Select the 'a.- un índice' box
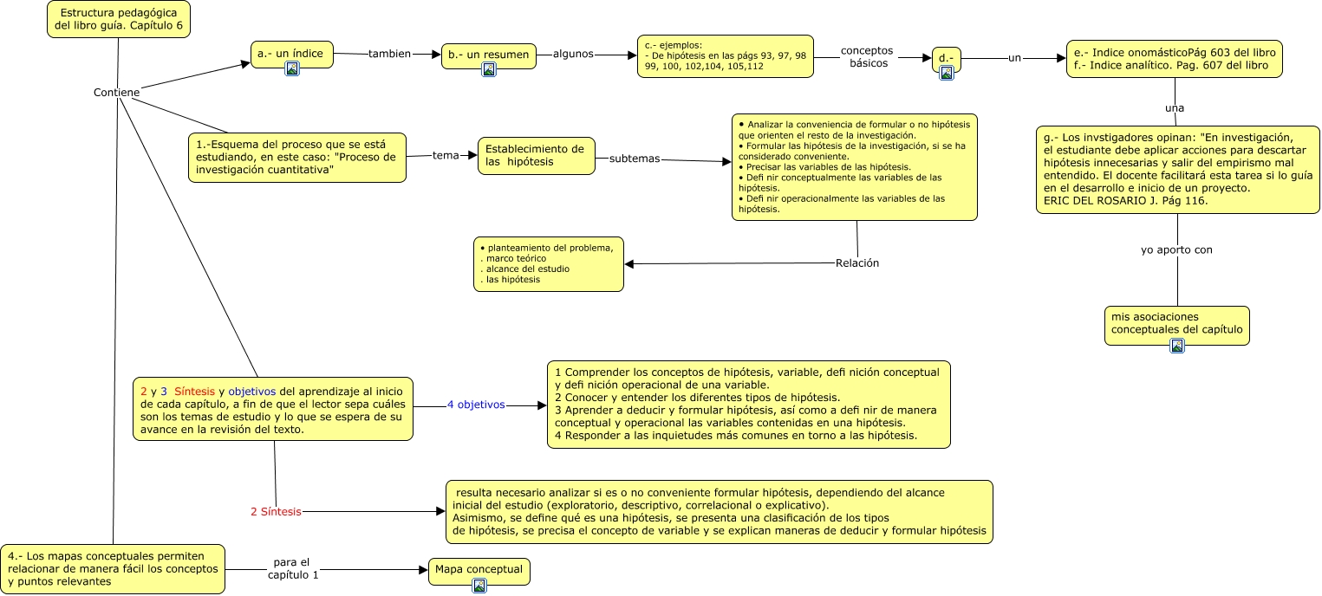pos(290,54)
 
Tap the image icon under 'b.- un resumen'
pos(489,69)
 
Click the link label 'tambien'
pos(389,54)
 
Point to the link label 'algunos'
pos(573,54)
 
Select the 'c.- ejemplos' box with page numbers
pos(725,56)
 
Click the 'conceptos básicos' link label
pos(867,57)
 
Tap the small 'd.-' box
pos(946,57)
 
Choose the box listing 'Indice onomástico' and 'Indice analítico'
pos(1174,58)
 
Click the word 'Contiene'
pos(116,93)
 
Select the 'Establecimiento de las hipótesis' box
pos(536,155)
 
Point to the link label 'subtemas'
pos(634,159)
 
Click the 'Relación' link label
pos(856,263)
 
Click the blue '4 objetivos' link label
pos(475,405)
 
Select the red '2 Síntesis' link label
pos(276,512)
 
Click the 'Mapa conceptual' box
pos(479,570)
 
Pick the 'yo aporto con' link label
pos(1176,249)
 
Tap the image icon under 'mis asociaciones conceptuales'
pos(1177,346)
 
